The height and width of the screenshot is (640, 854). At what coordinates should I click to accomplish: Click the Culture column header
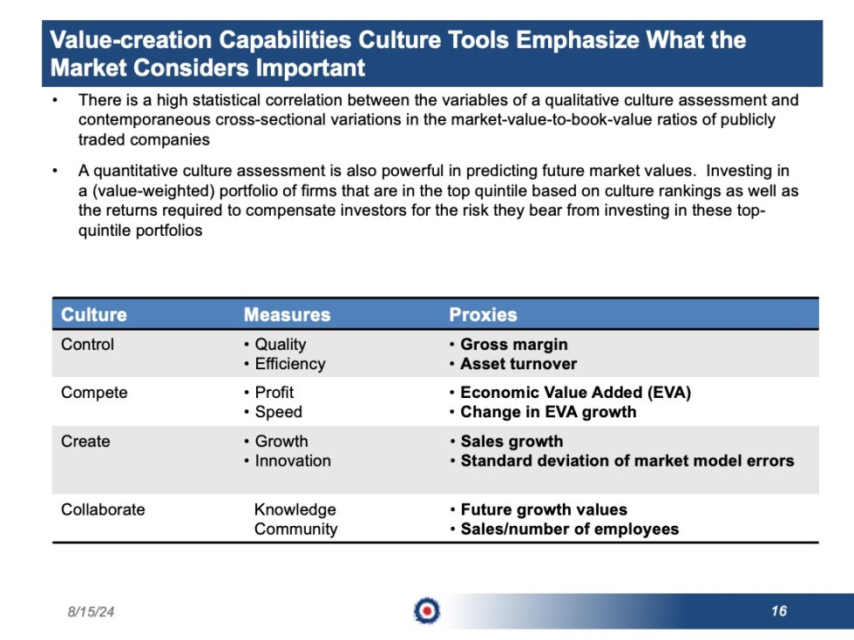93,315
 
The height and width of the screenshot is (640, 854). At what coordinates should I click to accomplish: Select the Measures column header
287,315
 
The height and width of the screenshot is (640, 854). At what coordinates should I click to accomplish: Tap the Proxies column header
483,315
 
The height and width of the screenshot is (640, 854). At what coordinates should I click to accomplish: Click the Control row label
87,345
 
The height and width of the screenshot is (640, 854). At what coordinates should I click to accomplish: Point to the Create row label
85,441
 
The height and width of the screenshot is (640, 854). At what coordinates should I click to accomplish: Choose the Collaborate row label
103,509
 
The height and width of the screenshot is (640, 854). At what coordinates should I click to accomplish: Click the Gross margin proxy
513,345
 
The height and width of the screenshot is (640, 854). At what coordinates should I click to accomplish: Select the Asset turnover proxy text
518,364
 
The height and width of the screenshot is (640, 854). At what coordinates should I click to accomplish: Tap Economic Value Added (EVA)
575,393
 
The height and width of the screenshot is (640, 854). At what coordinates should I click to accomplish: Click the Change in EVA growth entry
548,412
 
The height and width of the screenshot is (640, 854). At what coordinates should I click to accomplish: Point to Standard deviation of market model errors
627,461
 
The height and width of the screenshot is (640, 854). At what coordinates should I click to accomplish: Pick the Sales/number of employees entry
569,529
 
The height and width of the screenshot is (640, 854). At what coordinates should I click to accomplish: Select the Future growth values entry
543,509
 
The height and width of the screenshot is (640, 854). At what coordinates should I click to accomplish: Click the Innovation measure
293,461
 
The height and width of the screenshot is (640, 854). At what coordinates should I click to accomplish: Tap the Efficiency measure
289,364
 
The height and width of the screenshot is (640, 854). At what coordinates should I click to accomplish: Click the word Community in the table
295,529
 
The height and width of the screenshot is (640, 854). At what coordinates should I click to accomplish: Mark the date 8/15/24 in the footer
91,612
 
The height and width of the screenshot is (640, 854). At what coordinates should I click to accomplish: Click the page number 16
778,611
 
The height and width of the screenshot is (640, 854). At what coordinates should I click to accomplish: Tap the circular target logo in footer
427,611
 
